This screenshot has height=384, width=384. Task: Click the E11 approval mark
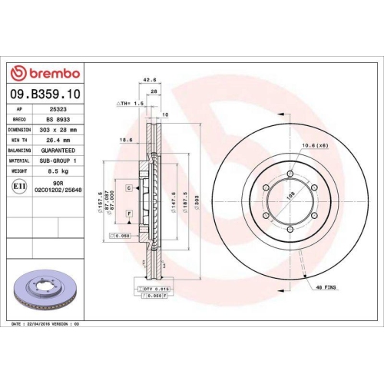(18, 187)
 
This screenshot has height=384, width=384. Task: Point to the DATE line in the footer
(46, 325)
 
